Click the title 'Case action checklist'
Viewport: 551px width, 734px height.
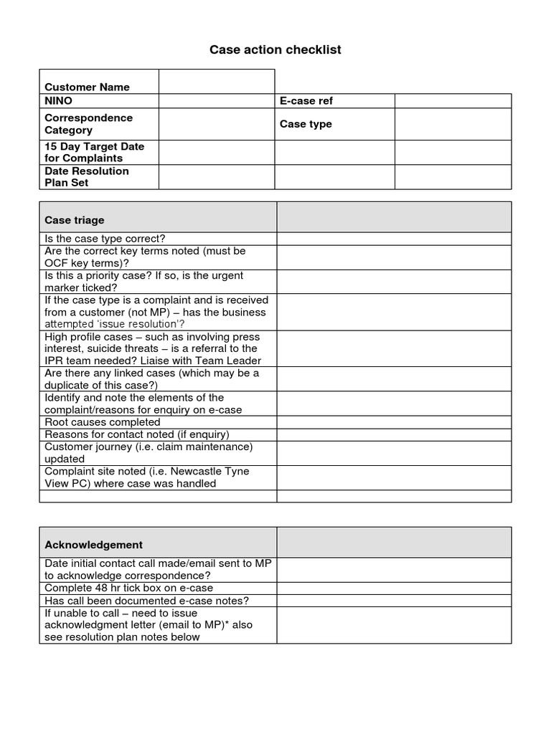pos(275,49)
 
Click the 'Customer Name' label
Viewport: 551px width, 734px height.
pos(87,87)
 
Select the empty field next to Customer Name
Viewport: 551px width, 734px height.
pos(216,82)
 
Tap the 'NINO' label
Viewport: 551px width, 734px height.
pos(59,101)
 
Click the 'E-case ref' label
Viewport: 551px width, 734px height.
pos(306,101)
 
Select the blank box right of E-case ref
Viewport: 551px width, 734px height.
pos(453,101)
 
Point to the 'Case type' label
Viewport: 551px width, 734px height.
pos(306,124)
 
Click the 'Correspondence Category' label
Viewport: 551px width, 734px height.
pos(88,124)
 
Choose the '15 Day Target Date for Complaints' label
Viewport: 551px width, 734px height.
pos(94,152)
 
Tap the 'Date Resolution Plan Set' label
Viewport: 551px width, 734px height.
pos(87,176)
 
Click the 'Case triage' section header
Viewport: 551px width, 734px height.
pos(75,220)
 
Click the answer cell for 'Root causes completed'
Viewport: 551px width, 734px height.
pos(394,422)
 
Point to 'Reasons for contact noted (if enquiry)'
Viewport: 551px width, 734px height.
pos(137,434)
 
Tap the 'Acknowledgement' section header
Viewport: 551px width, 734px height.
pos(93,545)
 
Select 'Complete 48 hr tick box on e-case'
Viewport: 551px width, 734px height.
pos(128,588)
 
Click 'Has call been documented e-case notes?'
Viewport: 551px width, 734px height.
pos(146,601)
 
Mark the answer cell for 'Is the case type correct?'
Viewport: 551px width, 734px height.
pos(394,239)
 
